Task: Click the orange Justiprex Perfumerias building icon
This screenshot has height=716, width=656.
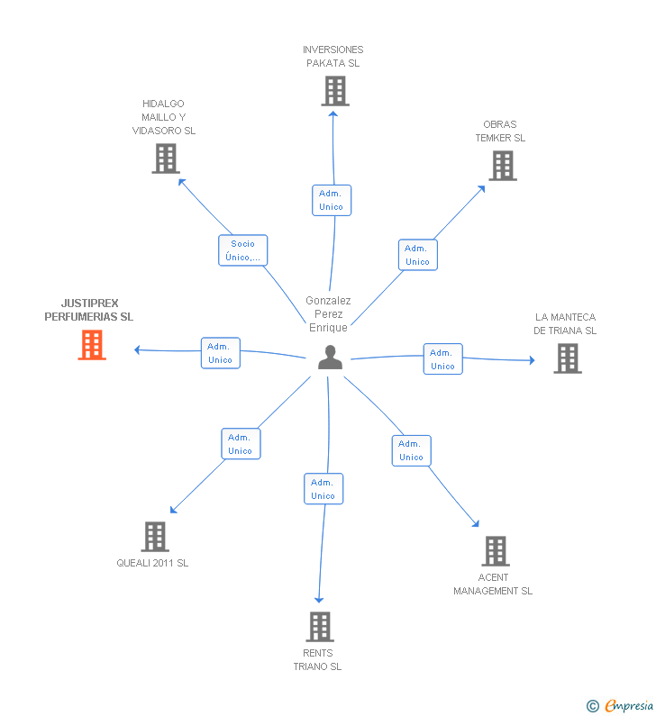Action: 92,345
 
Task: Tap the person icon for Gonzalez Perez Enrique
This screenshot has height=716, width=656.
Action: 331,358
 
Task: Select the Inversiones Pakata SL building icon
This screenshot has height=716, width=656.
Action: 334,91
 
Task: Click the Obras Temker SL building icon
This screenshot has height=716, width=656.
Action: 503,166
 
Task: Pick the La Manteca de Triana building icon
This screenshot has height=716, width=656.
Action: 567,358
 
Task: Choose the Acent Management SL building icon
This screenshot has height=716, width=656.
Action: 495,550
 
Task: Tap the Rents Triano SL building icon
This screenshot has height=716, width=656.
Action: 319,626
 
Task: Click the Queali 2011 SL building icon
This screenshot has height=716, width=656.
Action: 155,537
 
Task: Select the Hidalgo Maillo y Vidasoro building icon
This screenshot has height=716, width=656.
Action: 165,159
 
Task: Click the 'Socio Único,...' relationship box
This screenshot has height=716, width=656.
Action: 242,250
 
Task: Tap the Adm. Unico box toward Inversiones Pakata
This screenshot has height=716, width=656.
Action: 331,200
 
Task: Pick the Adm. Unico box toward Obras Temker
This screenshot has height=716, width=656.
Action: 417,255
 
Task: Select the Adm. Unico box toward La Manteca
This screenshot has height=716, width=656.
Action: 442,358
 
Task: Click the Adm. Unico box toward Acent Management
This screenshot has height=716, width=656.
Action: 411,450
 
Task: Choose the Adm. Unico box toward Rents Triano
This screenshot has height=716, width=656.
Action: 323,489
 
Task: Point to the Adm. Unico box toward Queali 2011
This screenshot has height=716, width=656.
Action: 240,444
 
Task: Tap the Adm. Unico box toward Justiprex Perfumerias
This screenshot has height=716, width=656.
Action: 220,353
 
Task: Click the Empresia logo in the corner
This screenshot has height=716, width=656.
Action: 620,705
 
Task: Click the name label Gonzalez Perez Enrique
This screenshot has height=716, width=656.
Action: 328,313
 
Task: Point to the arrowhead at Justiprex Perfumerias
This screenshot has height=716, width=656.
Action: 137,349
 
